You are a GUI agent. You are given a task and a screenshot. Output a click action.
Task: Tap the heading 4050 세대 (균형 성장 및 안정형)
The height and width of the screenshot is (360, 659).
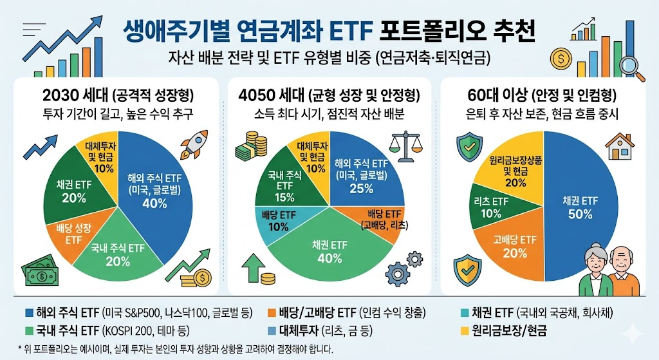[x=329, y=95]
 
